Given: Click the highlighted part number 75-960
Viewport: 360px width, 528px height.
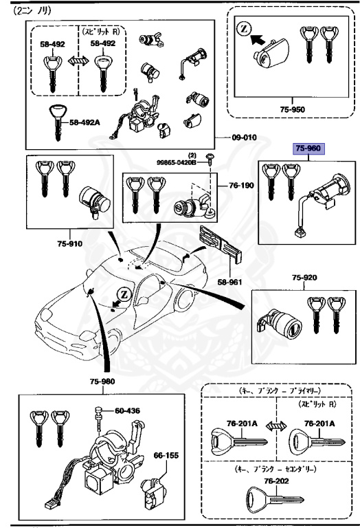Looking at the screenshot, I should coord(308,148).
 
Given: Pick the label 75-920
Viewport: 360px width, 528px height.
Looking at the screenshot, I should coord(304,278).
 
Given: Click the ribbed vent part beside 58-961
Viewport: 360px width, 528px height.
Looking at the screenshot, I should coord(218,245).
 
